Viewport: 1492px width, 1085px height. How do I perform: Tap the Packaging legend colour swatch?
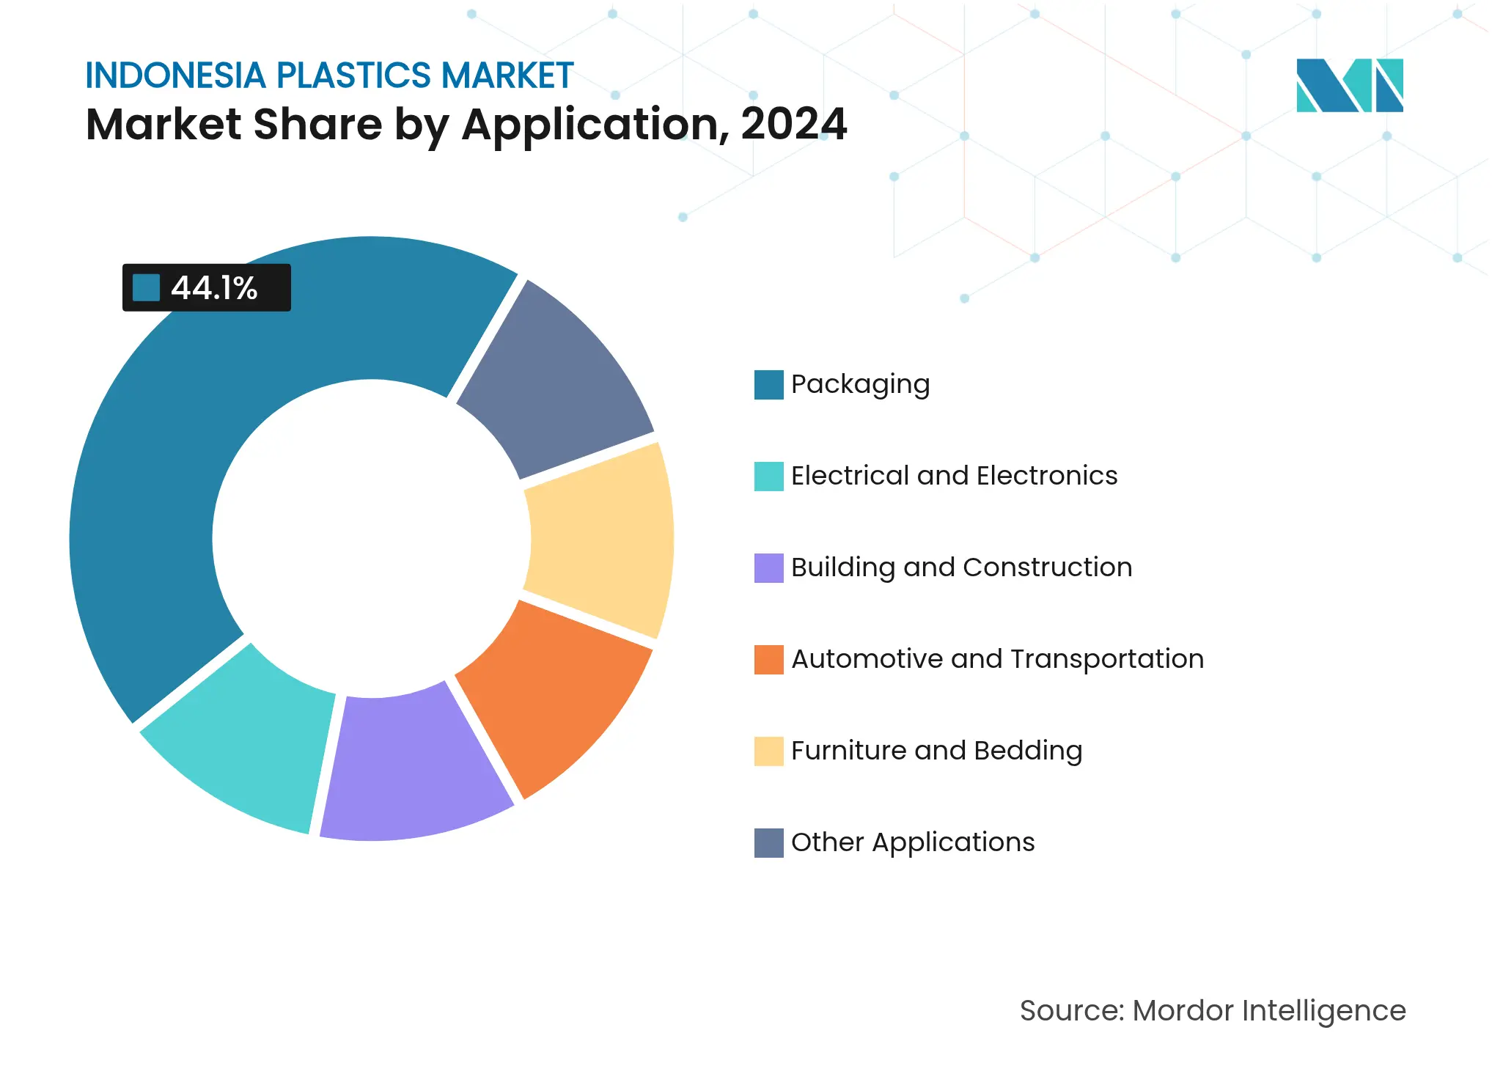[768, 385]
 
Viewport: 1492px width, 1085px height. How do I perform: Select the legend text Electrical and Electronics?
[954, 476]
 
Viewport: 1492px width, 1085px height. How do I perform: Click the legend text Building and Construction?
[961, 567]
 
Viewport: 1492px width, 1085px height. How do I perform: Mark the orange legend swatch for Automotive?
[768, 660]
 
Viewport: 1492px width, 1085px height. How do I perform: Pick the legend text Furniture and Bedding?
[936, 751]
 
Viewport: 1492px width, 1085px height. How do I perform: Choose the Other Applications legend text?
[913, 842]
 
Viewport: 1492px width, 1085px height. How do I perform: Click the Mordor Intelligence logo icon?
[1349, 86]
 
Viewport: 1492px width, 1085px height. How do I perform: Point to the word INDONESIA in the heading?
[175, 76]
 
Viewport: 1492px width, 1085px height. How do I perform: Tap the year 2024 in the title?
[794, 124]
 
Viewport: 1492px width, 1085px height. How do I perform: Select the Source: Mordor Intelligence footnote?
[1212, 1011]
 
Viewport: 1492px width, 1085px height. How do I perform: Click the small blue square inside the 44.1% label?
[146, 288]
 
